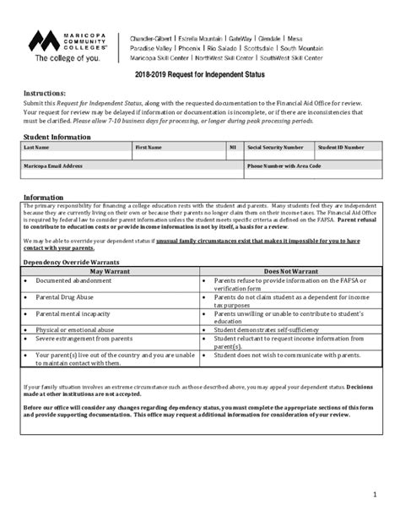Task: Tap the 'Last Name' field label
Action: [36, 147]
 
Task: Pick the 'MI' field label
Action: [233, 147]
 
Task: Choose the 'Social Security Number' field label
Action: [275, 147]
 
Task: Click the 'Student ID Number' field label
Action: [341, 147]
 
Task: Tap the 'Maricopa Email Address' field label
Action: [54, 166]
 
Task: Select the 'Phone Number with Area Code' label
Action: [284, 166]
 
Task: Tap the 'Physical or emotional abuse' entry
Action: [78, 329]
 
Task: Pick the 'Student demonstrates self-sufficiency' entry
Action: [271, 329]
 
